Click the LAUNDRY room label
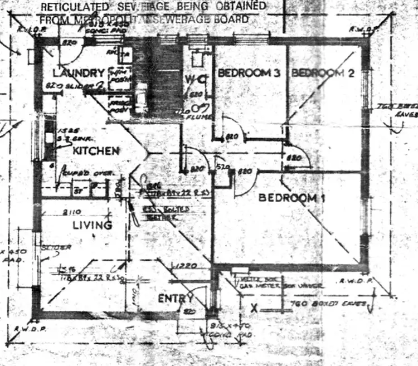coord(79,73)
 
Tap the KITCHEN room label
coord(95,151)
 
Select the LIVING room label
coord(93,225)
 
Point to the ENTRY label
coord(175,299)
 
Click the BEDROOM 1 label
coord(292,198)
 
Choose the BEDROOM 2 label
coord(323,73)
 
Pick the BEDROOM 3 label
coord(248,73)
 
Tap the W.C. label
coord(196,80)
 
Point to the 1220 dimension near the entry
coord(184,267)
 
